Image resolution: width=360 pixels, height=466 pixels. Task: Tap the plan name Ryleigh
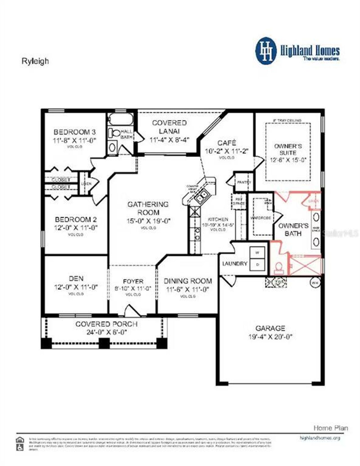(35, 61)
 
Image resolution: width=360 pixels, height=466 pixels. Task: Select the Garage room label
(270, 328)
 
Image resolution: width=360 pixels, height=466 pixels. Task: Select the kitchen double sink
(202, 196)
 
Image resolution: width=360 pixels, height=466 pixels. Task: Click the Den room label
(76, 279)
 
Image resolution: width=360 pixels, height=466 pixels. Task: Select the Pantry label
(244, 182)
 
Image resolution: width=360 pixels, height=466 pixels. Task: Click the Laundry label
(235, 264)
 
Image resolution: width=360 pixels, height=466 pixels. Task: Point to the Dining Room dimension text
(188, 289)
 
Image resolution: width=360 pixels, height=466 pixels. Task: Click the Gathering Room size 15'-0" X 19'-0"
(148, 221)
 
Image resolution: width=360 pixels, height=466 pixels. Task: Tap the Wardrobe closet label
(260, 218)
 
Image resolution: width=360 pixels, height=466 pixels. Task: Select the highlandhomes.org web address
(320, 438)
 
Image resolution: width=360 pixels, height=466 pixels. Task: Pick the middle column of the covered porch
(104, 343)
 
